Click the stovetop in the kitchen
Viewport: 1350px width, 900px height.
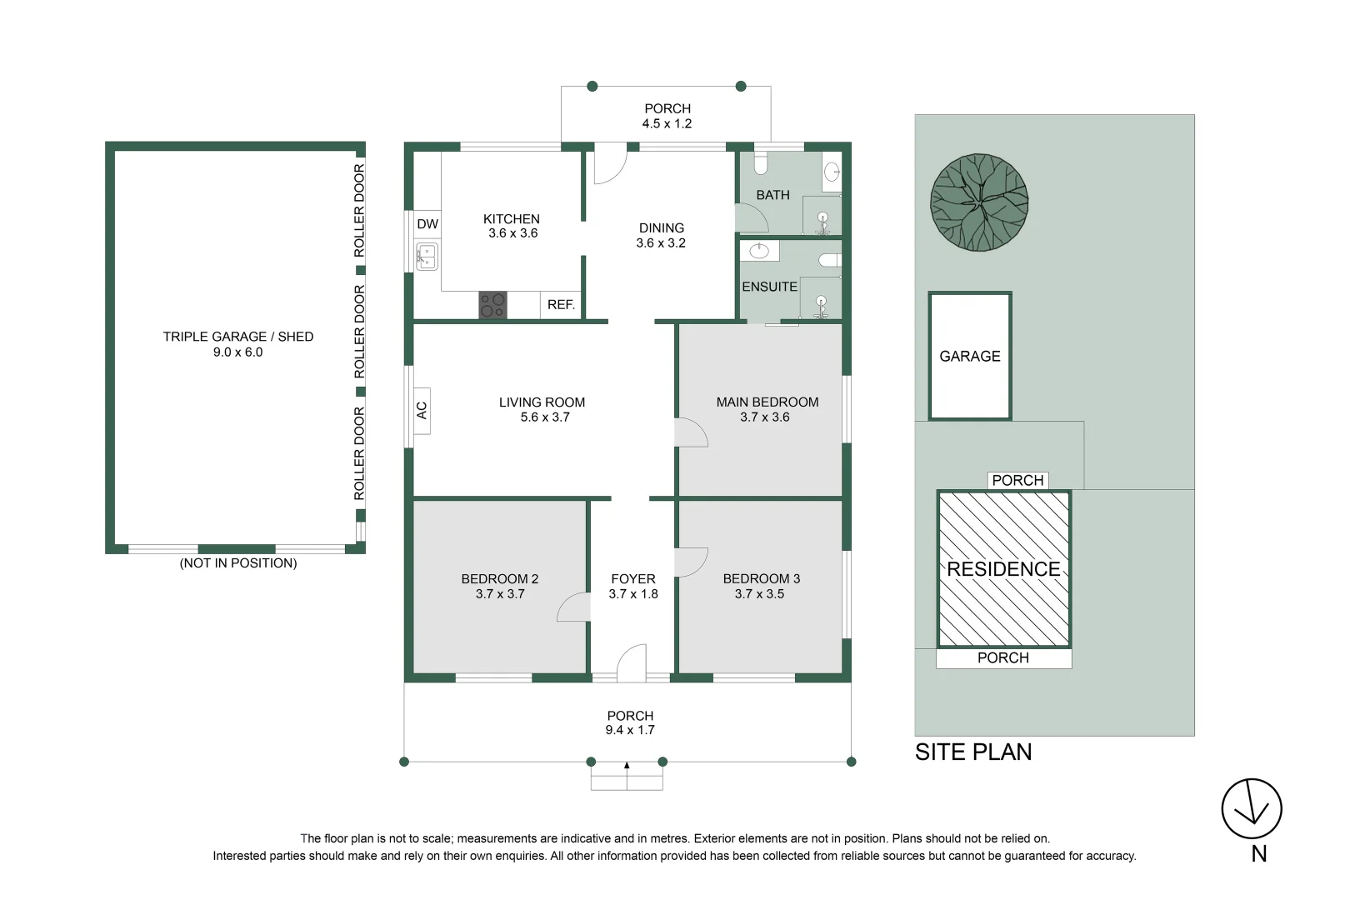(x=492, y=305)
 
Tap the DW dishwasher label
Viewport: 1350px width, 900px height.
(x=427, y=224)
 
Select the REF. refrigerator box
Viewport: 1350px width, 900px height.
(x=561, y=305)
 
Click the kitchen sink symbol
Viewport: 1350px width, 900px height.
(x=427, y=256)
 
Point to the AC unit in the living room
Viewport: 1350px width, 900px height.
(x=422, y=411)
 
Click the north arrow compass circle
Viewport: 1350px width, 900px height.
(x=1252, y=808)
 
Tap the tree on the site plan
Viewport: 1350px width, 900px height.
(x=979, y=202)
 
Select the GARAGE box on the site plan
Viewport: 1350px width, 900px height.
(x=970, y=356)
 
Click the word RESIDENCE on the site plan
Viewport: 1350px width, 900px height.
(x=1003, y=569)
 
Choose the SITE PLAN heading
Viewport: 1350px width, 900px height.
(x=973, y=752)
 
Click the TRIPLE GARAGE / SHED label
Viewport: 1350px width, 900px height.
(x=238, y=337)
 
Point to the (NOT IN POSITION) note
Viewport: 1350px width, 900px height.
(x=238, y=563)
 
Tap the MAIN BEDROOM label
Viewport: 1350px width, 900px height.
(x=767, y=402)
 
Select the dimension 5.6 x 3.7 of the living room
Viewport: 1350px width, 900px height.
(x=545, y=417)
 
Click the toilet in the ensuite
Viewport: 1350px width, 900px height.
(x=830, y=260)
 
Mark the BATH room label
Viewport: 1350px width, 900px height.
(x=772, y=195)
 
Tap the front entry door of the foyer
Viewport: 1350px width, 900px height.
(x=632, y=663)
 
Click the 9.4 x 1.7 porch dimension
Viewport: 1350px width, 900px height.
(x=630, y=730)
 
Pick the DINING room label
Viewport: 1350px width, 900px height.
(x=661, y=227)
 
